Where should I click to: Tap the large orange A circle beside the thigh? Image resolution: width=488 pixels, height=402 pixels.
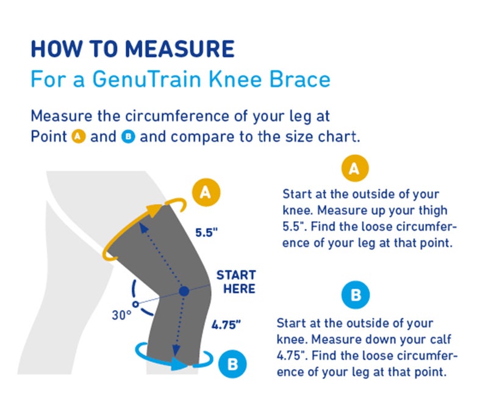206,192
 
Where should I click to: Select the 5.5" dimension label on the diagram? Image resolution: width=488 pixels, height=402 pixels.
206,232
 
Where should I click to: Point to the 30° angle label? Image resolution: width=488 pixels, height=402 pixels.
121,315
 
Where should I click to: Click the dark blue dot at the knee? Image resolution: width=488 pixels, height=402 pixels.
184,292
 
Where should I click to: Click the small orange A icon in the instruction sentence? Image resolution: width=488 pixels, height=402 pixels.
78,136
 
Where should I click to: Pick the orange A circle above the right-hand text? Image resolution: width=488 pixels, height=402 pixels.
354,169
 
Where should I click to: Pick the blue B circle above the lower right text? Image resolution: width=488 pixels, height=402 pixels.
356,297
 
